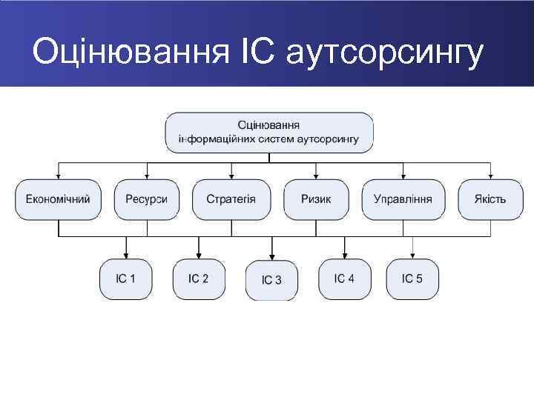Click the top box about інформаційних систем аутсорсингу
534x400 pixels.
click(268, 132)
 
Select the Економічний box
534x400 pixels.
click(58, 199)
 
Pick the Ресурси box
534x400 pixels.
click(146, 199)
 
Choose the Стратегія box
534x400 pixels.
click(231, 199)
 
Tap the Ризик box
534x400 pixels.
click(316, 199)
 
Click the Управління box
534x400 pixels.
click(402, 199)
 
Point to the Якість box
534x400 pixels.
click(489, 199)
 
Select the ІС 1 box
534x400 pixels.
click(125, 279)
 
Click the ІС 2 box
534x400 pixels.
click(198, 279)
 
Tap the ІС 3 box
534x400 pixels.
click(271, 280)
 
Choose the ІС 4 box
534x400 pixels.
click(344, 279)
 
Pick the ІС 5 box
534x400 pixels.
click(412, 279)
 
